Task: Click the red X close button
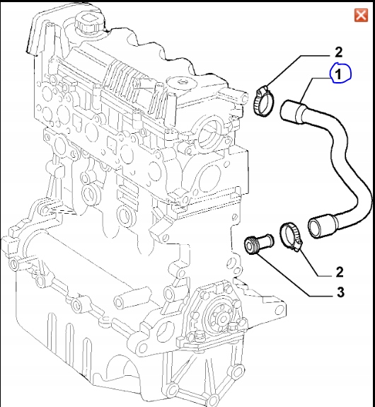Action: coord(359,15)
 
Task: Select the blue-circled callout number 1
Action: coord(338,74)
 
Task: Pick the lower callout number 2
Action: coord(339,271)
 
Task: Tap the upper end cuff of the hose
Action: coord(294,111)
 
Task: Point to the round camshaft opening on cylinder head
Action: coord(207,134)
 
